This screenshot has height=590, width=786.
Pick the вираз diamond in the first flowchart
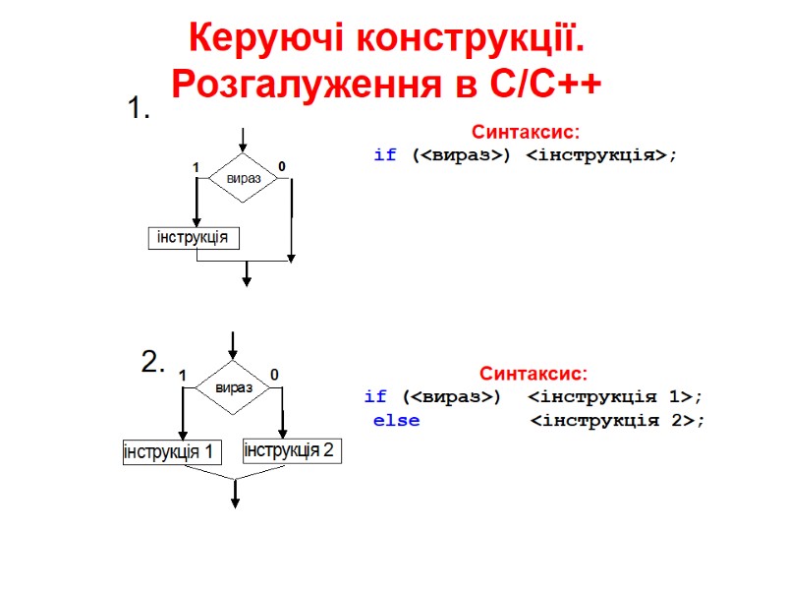[x=244, y=178]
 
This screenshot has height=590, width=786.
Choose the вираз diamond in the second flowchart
[x=233, y=386]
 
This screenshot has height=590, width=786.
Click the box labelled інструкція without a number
[x=195, y=238]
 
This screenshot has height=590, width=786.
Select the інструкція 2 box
[x=290, y=450]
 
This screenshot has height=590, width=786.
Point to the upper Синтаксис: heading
[x=526, y=132]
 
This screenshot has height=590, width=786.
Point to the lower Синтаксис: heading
[x=533, y=375]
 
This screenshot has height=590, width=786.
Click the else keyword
[x=395, y=421]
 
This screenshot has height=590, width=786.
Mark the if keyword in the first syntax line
[x=385, y=155]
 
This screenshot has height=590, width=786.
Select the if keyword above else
[x=375, y=397]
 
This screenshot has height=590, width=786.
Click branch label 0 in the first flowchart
[x=282, y=167]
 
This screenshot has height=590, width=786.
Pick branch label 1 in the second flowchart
[x=182, y=376]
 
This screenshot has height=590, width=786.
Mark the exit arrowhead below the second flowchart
[x=235, y=502]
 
